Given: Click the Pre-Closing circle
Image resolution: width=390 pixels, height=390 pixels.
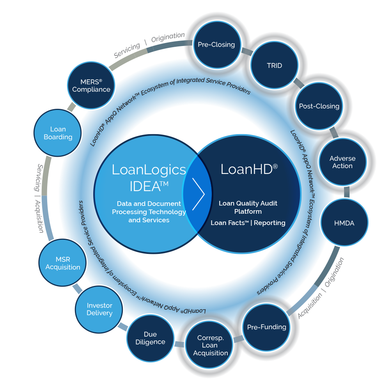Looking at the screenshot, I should click(216, 44).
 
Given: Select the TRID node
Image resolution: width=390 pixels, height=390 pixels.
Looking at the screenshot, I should click(274, 66).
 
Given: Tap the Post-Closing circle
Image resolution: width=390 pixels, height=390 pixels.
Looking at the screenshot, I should click(319, 106).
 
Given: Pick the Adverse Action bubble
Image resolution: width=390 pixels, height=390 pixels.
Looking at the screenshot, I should click(342, 162).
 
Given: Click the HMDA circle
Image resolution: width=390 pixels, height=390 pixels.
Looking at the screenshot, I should click(344, 223).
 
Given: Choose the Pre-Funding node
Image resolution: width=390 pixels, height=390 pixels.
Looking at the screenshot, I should click(267, 327).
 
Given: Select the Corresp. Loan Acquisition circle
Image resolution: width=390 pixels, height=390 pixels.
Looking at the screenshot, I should click(210, 345).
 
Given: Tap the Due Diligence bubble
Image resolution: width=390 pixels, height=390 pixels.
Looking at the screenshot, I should click(150, 338).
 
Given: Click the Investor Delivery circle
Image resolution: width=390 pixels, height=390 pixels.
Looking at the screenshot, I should click(99, 309).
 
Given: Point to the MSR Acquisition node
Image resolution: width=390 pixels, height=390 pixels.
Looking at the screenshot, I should click(63, 263).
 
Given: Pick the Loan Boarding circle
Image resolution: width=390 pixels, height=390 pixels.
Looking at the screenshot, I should click(58, 133).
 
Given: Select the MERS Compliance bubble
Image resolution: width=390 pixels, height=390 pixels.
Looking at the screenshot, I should click(91, 85).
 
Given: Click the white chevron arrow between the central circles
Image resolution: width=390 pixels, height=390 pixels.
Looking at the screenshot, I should click(199, 194).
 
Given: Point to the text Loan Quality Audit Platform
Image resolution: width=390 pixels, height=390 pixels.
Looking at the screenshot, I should click(248, 207).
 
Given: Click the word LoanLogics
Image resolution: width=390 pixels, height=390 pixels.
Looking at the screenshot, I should click(149, 170).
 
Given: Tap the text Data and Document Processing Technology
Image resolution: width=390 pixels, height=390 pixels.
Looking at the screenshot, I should click(149, 208).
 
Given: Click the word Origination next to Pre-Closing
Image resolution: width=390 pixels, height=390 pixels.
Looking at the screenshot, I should click(168, 37).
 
